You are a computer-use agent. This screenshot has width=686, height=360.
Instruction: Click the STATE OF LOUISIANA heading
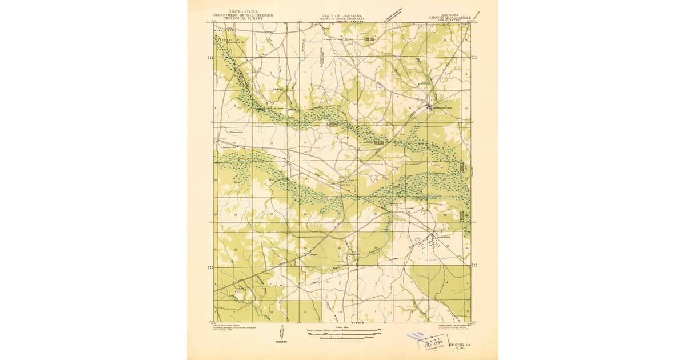[x=341, y=15]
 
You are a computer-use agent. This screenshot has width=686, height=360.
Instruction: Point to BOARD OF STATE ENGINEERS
[x=341, y=18]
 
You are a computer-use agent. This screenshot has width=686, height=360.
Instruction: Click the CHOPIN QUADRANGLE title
[x=450, y=18]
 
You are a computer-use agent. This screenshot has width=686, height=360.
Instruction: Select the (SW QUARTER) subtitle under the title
[x=450, y=21]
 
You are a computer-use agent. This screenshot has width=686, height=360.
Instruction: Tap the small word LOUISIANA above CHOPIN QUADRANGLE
[x=450, y=14]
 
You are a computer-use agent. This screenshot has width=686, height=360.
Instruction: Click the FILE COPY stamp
[x=430, y=345]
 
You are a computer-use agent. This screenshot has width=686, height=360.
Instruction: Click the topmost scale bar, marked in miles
[x=344, y=330]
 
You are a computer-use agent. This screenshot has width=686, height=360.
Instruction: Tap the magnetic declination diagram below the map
[x=282, y=333]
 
